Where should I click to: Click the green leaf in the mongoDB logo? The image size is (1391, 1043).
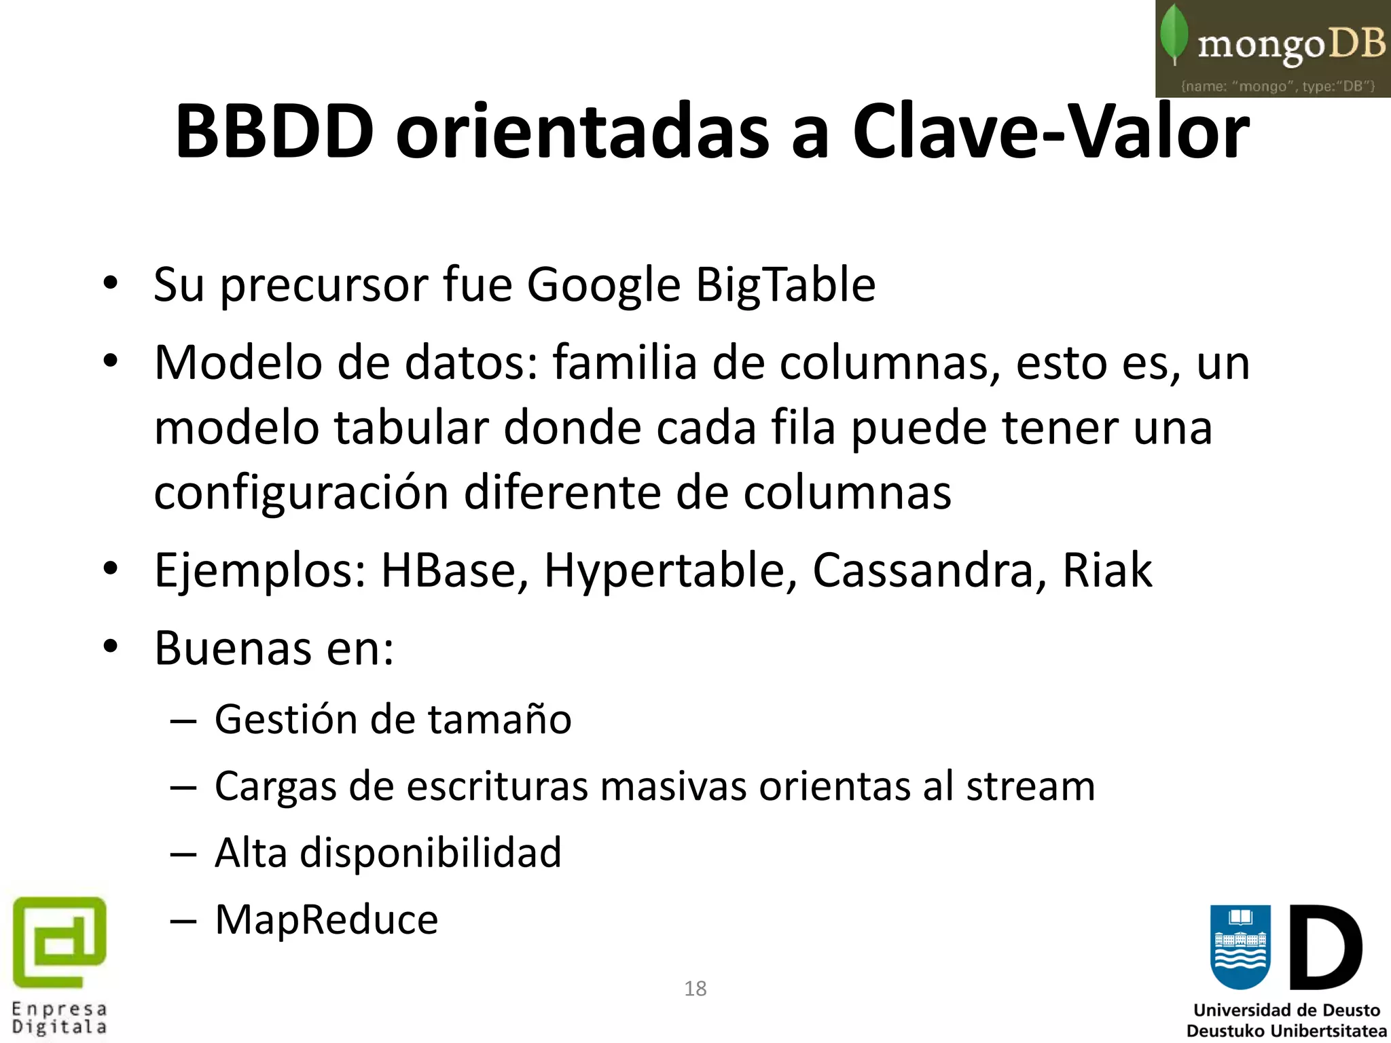(1174, 34)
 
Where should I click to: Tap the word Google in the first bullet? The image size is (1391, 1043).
(603, 285)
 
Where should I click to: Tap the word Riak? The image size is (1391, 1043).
(1107, 570)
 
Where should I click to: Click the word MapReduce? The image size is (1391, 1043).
(327, 920)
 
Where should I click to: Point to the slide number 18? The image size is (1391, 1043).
(695, 989)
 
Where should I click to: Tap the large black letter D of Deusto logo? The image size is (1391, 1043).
(1325, 947)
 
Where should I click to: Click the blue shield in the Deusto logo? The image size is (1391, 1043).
(1240, 946)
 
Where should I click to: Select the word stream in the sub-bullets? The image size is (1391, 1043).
(1030, 787)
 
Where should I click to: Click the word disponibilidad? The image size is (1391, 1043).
(431, 854)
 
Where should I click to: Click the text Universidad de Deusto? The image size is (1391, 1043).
(1286, 1010)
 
